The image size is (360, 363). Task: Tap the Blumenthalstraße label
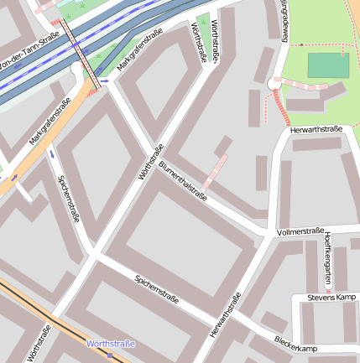click(x=182, y=179)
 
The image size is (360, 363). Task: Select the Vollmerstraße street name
click(x=300, y=231)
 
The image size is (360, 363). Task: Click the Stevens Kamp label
click(x=331, y=298)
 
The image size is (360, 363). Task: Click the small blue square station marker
click(x=109, y=355)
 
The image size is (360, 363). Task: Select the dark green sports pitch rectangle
click(x=327, y=65)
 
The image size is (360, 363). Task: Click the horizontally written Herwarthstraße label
click(x=316, y=130)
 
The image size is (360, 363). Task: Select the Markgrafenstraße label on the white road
click(x=138, y=51)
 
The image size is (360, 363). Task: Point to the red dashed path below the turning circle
click(x=280, y=108)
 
